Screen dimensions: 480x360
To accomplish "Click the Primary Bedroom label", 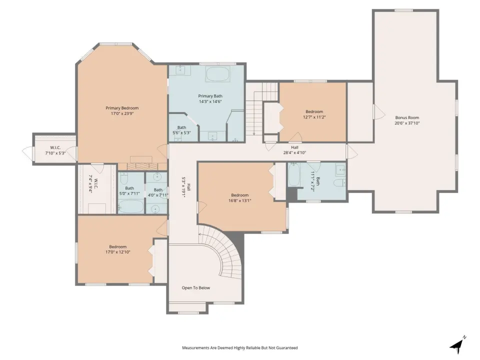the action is point(122,108).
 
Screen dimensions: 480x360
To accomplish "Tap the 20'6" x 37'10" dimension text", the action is point(407,123).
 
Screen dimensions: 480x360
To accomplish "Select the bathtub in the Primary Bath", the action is point(217,74).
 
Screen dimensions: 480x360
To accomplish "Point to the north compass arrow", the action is point(457,345).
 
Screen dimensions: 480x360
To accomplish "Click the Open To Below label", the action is point(196,288).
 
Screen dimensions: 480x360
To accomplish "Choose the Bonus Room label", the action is point(407,117).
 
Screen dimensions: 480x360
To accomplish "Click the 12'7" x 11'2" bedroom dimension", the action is point(314,117).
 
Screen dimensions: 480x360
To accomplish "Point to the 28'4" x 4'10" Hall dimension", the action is point(294,152).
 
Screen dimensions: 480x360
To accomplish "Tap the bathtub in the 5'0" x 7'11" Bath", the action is point(130,206).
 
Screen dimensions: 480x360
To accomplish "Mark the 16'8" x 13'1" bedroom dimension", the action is point(239,201).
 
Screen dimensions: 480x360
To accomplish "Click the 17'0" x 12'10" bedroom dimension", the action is point(118,252).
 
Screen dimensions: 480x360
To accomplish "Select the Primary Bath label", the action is point(210,96).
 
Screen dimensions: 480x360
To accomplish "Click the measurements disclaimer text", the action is point(240,348).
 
